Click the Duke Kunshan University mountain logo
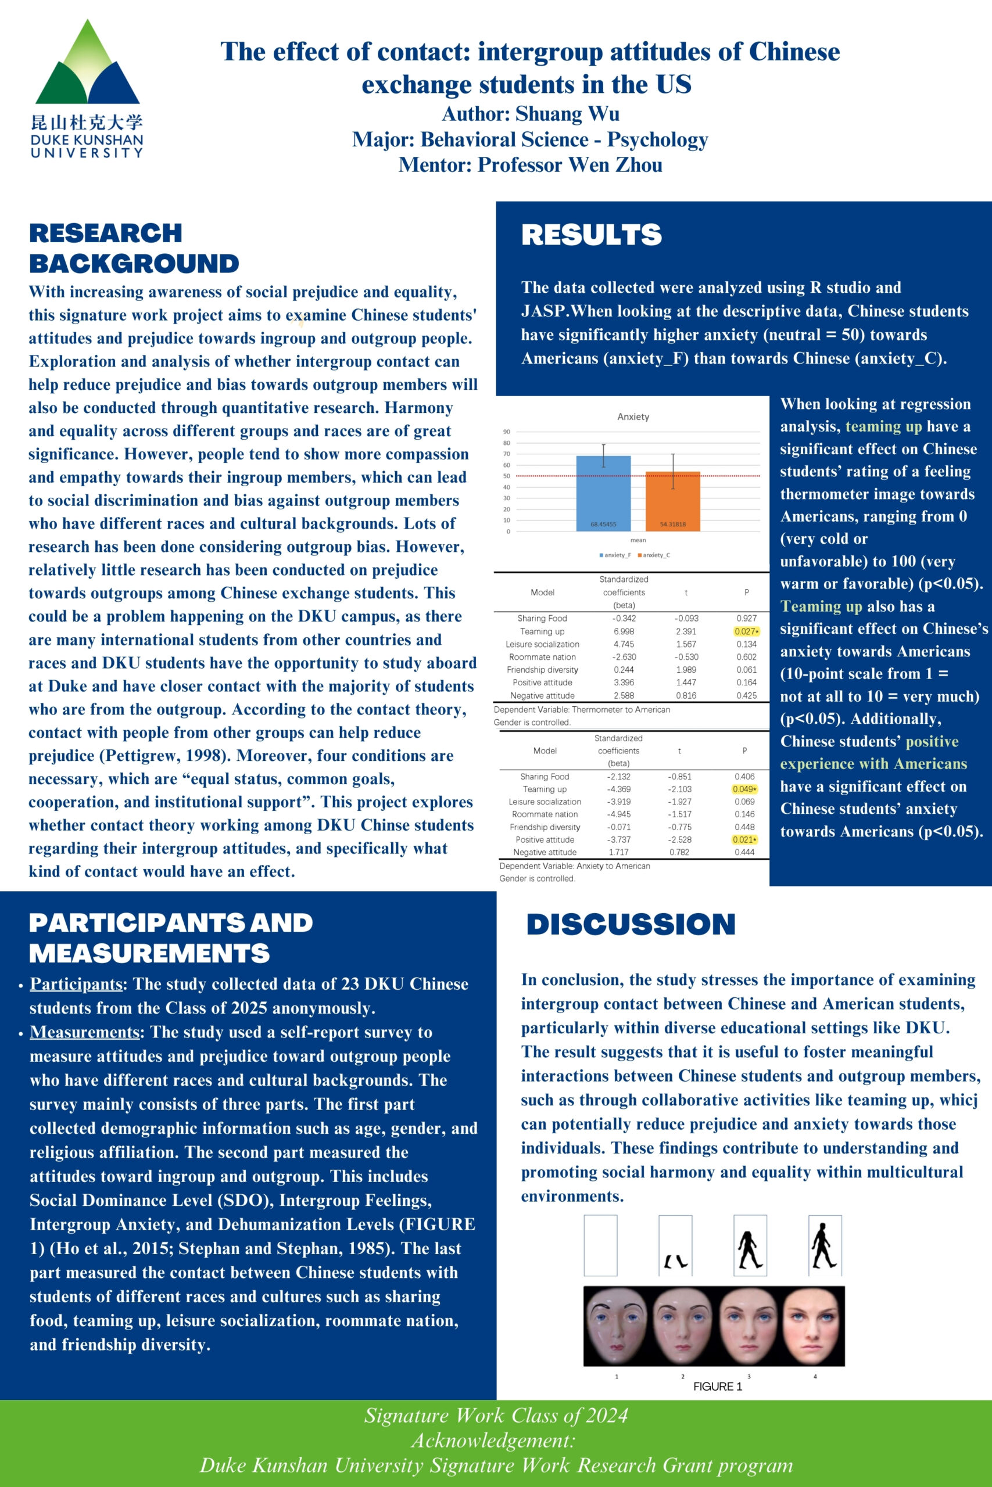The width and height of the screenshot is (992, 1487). click(87, 63)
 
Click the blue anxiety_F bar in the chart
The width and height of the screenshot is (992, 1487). click(603, 493)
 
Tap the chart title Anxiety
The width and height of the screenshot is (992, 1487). click(633, 416)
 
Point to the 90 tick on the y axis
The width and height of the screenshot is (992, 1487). click(507, 432)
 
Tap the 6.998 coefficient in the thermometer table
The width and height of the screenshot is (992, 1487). click(624, 631)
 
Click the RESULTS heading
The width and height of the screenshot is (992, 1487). click(592, 235)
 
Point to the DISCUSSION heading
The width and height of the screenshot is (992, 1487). click(631, 924)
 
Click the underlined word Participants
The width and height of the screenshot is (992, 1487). click(76, 984)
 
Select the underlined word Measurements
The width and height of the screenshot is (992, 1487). click(84, 1032)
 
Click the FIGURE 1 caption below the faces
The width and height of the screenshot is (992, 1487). click(718, 1387)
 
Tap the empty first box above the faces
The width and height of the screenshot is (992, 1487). click(600, 1245)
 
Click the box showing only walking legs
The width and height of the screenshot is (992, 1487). click(675, 1245)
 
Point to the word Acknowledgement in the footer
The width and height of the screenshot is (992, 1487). click(493, 1440)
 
